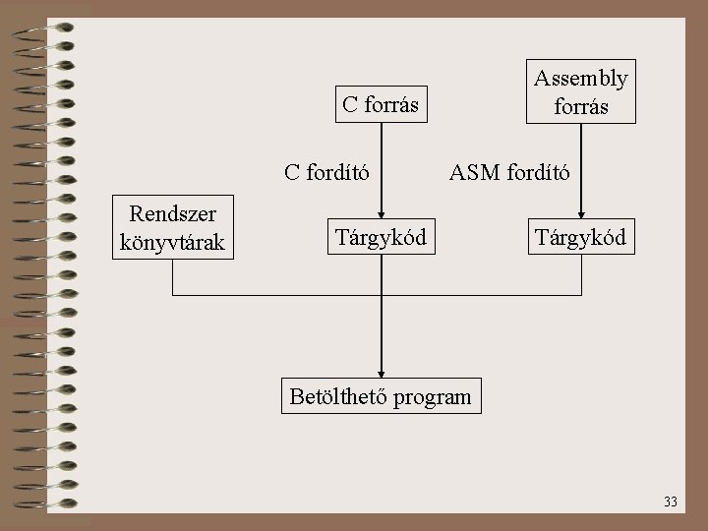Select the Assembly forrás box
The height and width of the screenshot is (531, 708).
coord(580,90)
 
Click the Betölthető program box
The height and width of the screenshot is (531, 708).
coord(381,397)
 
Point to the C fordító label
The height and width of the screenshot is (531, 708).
coord(326,173)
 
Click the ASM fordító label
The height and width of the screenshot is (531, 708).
coord(508,173)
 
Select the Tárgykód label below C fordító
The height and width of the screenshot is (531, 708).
coord(381,237)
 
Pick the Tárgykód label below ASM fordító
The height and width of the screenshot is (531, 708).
coord(580,237)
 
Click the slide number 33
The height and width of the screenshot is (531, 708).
coord(671,501)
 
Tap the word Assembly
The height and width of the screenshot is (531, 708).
coord(580,77)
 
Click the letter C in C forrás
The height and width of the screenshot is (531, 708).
coord(348,104)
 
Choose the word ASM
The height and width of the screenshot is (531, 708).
coord(473,173)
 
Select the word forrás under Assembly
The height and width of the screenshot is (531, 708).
coord(580,105)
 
